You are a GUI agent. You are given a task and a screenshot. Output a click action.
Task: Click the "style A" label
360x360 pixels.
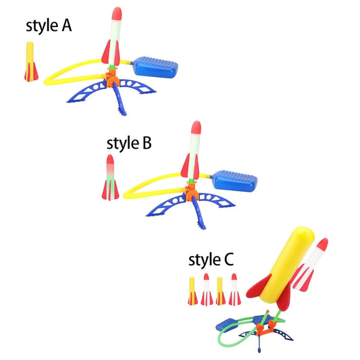tap(49, 26)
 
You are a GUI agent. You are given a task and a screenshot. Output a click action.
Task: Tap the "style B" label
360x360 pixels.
tap(129, 143)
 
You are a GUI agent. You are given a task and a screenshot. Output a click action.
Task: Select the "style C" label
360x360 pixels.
tap(211, 259)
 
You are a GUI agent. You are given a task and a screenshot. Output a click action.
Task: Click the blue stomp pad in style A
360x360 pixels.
tap(156, 67)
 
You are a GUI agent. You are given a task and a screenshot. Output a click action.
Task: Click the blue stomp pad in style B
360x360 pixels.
tap(235, 181)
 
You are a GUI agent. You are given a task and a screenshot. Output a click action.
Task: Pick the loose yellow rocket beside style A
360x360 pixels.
tap(31, 61)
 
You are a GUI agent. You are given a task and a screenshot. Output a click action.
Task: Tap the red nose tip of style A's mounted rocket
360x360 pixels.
tap(117, 14)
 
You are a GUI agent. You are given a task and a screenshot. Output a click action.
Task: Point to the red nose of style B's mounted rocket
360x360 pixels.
tap(196, 127)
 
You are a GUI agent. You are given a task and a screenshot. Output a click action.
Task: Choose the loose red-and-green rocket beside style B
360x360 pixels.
tap(110, 177)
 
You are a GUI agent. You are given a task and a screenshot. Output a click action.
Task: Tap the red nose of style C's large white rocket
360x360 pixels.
tap(323, 245)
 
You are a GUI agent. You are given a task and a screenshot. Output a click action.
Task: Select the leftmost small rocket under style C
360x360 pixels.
tap(192, 291)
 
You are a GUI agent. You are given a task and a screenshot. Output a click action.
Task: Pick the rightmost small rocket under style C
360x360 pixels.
tap(234, 289)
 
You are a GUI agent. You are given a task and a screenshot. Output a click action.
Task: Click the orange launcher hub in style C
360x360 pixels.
tap(266, 327)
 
